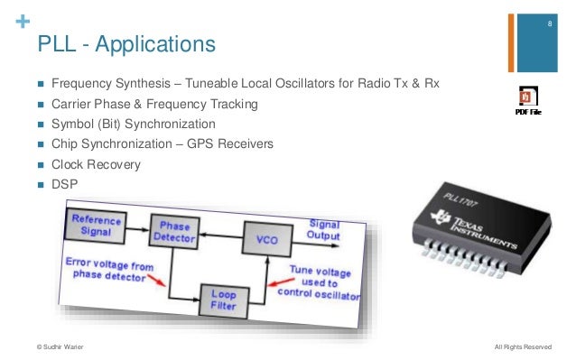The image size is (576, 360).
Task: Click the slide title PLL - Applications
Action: [125, 43]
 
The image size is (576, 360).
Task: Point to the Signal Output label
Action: [325, 229]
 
